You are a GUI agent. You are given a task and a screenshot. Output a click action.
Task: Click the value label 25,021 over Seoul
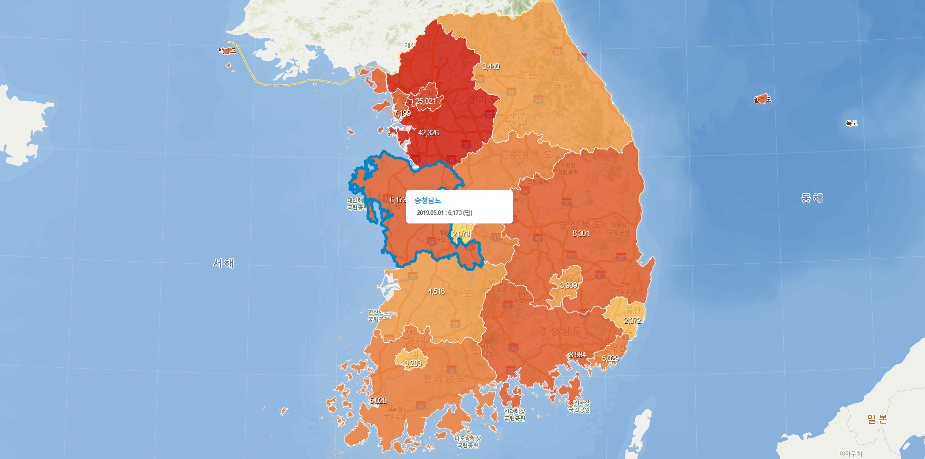tap(425, 101)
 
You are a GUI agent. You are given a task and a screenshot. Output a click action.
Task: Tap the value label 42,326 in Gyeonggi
tap(428, 133)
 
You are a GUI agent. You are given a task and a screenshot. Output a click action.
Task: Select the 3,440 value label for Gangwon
tap(491, 66)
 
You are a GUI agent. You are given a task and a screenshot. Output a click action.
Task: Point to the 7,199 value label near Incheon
tap(402, 113)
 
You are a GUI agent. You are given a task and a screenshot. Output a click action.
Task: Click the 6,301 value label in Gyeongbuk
tap(581, 234)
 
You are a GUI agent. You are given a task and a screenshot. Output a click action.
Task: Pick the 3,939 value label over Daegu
tap(569, 285)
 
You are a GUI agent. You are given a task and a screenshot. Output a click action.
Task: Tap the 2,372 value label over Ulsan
tap(632, 321)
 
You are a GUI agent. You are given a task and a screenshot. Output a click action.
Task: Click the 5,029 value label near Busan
tap(610, 358)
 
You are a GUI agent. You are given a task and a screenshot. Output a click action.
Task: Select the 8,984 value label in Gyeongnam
tap(578, 355)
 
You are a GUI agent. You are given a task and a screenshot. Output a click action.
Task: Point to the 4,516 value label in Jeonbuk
tap(436, 291)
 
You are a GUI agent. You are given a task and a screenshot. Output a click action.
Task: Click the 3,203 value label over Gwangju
tap(413, 363)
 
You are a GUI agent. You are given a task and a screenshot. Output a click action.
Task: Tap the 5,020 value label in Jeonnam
tap(378, 401)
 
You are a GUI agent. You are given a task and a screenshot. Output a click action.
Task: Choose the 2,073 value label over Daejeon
tap(461, 234)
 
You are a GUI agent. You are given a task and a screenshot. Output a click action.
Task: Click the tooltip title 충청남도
tap(427, 200)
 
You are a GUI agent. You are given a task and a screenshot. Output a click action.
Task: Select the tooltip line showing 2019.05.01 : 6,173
tap(444, 213)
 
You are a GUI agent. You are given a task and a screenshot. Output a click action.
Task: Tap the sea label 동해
tap(811, 198)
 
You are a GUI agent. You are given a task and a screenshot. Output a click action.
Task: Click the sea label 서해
tap(223, 263)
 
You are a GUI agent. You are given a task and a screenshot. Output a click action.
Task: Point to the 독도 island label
tap(851, 123)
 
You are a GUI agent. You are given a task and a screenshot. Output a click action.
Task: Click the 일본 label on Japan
tap(877, 419)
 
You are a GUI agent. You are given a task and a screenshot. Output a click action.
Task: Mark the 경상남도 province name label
tap(560, 331)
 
